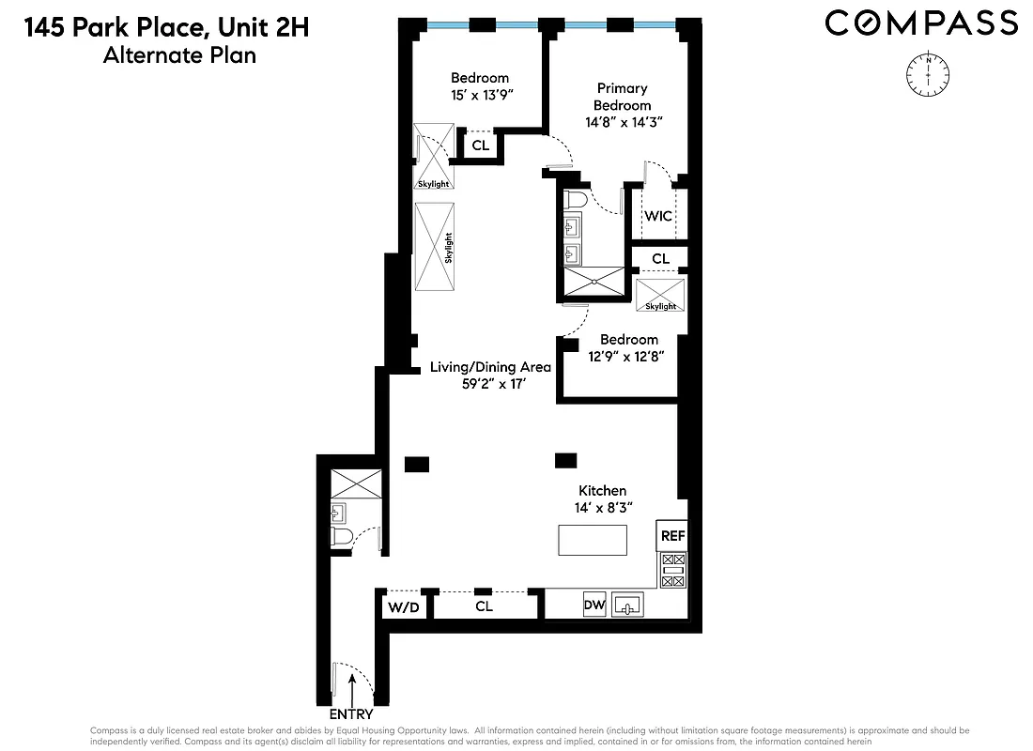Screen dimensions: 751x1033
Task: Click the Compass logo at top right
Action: point(920,23)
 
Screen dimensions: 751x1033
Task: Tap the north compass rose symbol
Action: point(928,73)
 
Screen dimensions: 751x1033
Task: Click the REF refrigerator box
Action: point(672,536)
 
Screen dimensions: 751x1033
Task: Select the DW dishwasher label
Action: point(594,605)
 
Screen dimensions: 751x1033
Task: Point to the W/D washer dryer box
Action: point(404,607)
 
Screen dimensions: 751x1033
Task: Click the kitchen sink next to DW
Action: point(627,605)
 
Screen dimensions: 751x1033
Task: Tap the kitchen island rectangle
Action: point(593,541)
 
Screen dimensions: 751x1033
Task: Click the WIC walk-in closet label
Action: point(658,216)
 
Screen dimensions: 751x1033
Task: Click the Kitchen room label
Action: point(602,491)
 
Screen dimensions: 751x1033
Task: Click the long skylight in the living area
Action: point(435,247)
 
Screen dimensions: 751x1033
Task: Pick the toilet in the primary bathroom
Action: point(575,201)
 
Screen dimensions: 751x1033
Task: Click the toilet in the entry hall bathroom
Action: point(341,536)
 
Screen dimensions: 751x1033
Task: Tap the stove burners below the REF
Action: point(673,570)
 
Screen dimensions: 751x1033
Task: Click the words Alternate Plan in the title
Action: point(178,55)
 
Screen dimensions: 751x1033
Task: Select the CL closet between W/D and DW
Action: point(484,606)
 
